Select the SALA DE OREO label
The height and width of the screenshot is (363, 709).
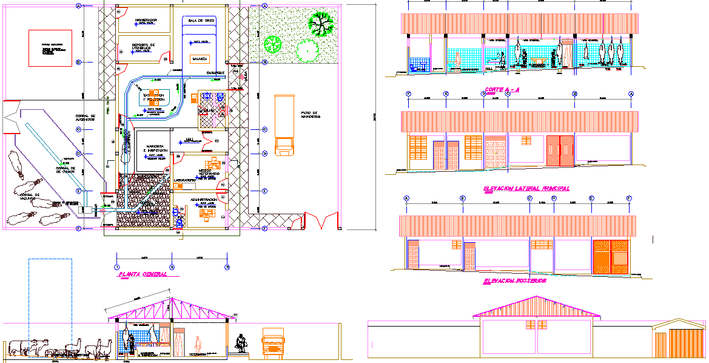tap(201, 21)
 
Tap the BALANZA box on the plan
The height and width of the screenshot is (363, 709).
tap(200, 59)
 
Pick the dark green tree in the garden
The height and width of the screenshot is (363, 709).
tap(321, 24)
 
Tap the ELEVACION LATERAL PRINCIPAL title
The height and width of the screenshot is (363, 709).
tap(526, 189)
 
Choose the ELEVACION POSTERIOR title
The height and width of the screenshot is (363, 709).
tap(515, 282)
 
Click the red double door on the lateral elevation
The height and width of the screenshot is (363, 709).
tap(559, 152)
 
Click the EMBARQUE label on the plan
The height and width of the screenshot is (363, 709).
tap(215, 73)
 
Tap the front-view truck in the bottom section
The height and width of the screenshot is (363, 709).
tap(273, 343)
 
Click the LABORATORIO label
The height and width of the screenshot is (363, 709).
tap(184, 180)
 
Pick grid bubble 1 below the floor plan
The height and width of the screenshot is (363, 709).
tap(116, 266)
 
